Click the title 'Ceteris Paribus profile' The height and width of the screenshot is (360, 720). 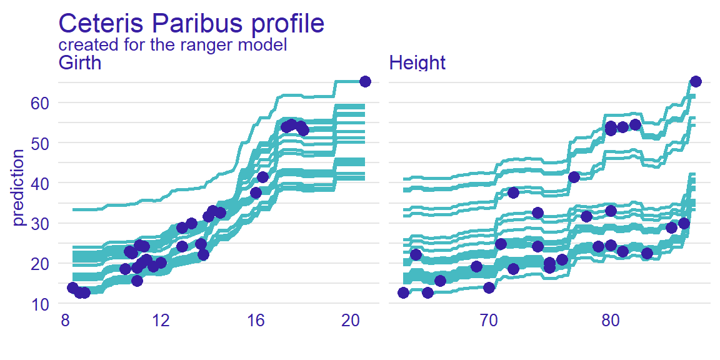(x=191, y=23)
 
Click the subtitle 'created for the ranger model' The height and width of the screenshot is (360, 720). (x=172, y=45)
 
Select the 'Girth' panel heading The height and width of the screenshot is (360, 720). (x=79, y=63)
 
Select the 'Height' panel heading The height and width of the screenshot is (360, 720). (x=417, y=63)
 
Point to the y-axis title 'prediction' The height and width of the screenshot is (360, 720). (x=19, y=187)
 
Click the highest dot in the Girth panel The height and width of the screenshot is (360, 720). (x=366, y=81)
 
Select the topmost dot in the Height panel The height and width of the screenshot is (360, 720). (x=696, y=81)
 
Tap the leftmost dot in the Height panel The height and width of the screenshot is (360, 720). (x=403, y=292)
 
